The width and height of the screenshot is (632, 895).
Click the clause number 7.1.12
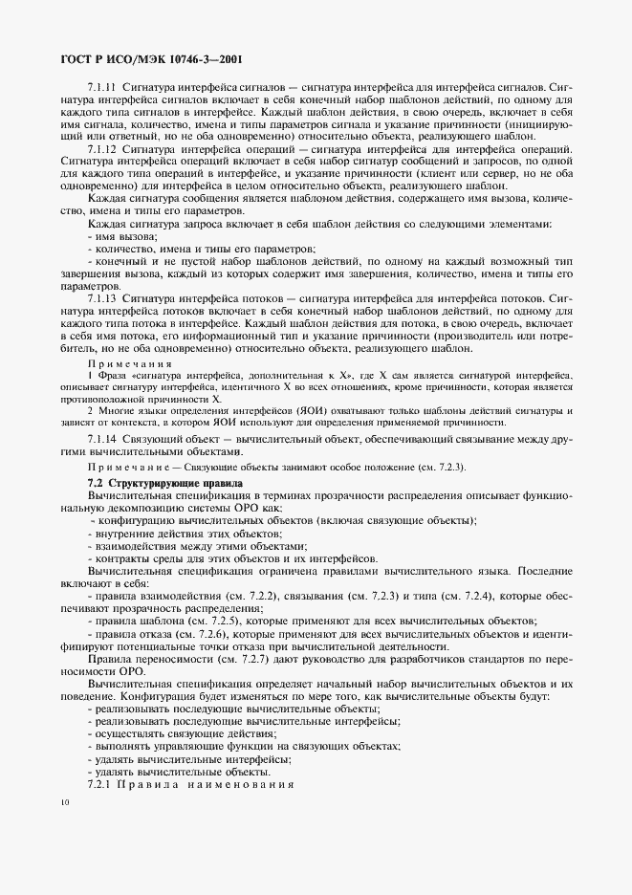point(101,149)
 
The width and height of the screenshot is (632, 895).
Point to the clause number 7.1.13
point(101,298)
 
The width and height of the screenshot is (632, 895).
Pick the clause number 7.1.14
point(101,436)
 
